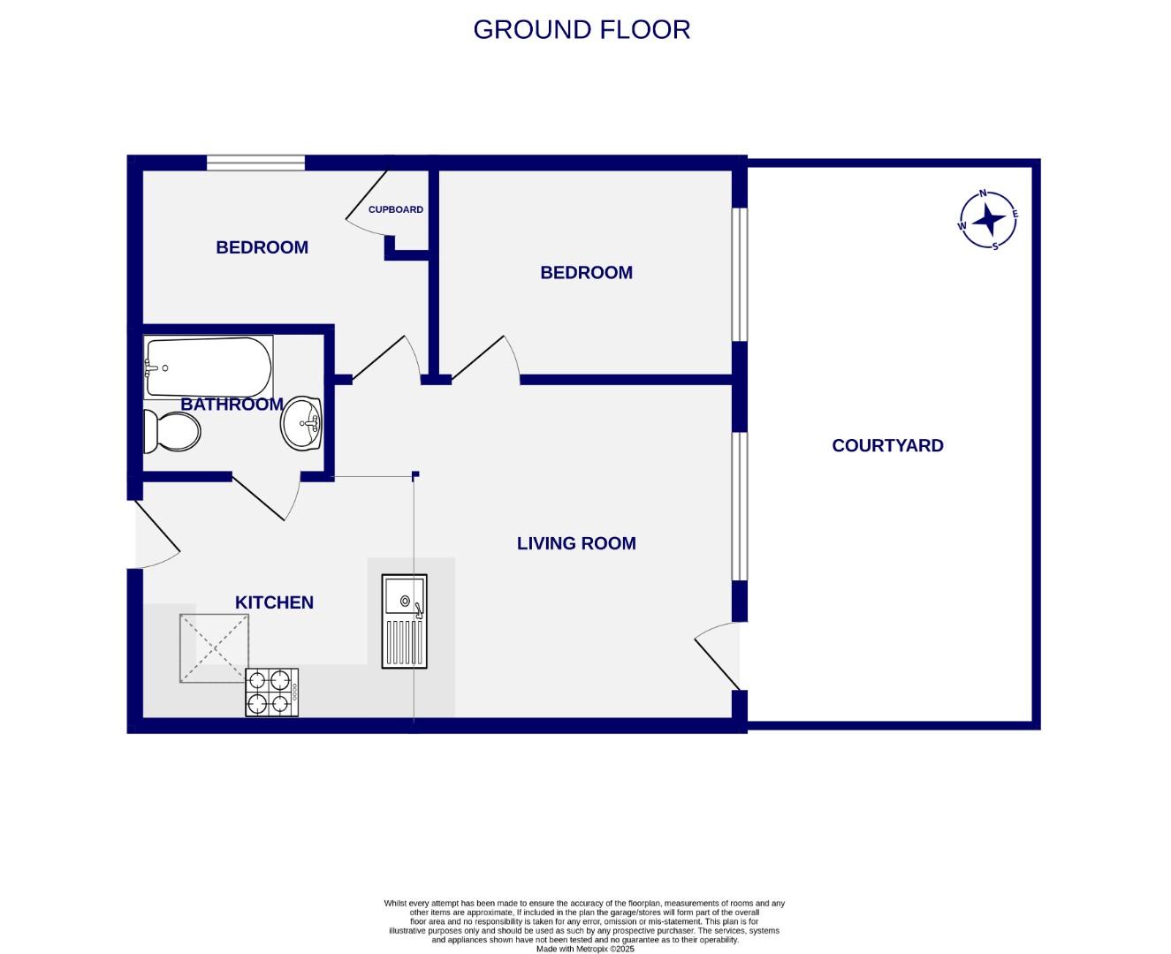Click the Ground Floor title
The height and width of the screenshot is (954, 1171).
coord(582,29)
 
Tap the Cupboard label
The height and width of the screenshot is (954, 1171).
coord(396,209)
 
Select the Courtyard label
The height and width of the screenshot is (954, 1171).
coord(887,445)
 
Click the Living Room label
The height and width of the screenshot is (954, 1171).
coord(576,543)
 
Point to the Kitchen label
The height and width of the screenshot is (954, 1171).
coord(274,602)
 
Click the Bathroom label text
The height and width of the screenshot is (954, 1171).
coord(232,405)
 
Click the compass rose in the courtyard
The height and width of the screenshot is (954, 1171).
coord(989,219)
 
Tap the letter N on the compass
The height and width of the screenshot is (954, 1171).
coord(983,193)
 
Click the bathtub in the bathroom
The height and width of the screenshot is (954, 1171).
coord(209,367)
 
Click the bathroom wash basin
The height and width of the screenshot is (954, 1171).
coord(302,423)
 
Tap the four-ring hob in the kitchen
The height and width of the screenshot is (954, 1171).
coord(271,692)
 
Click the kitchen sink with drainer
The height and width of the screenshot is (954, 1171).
coord(405,621)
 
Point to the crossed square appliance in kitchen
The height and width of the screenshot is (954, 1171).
coord(214,648)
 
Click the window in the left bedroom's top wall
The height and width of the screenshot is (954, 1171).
coord(255,163)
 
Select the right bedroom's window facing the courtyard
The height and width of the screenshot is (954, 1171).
coord(740,274)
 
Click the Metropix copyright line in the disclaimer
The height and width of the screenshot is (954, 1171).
coord(585,949)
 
